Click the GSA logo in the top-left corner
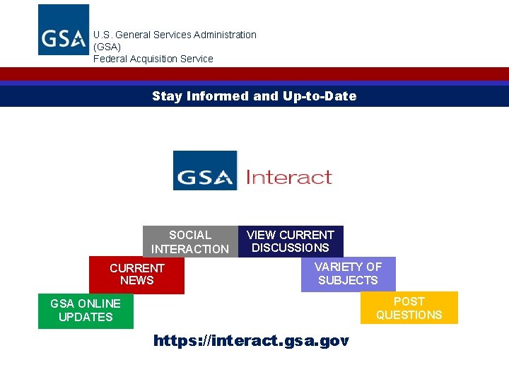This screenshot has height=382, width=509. point(64,30)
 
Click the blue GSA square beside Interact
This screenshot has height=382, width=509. point(205,170)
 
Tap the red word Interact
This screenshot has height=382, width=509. point(288,177)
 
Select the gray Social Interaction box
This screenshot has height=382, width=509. point(190,241)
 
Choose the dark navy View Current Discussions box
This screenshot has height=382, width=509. point(291,241)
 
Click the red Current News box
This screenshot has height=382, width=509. point(136,274)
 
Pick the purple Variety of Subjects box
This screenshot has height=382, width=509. point(348,274)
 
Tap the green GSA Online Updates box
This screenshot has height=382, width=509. point(85,311)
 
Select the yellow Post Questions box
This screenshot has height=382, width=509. point(409,308)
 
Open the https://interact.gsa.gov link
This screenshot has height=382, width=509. point(251,341)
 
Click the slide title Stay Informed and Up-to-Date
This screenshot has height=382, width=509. point(254,96)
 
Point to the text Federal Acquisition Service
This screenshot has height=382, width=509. point(153,59)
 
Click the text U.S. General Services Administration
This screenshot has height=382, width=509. point(175,35)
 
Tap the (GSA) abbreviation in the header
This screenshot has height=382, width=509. point(107,47)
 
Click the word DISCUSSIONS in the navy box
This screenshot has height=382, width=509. point(291,248)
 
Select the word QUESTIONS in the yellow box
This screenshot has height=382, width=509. point(409,315)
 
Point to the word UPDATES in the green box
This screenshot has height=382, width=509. point(85,317)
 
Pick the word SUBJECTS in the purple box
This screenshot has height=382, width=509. point(348,280)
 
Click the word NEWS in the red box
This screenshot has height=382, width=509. point(136,281)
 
